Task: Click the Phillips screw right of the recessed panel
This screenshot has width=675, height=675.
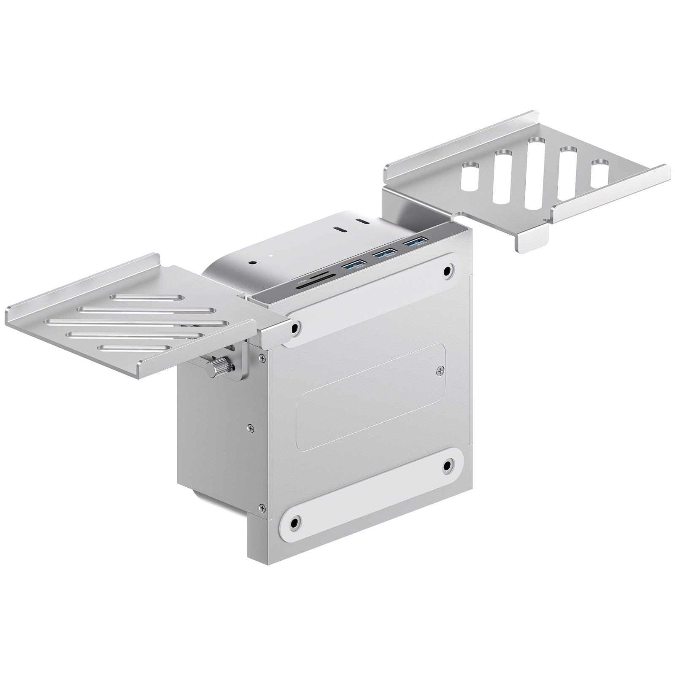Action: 440,370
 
